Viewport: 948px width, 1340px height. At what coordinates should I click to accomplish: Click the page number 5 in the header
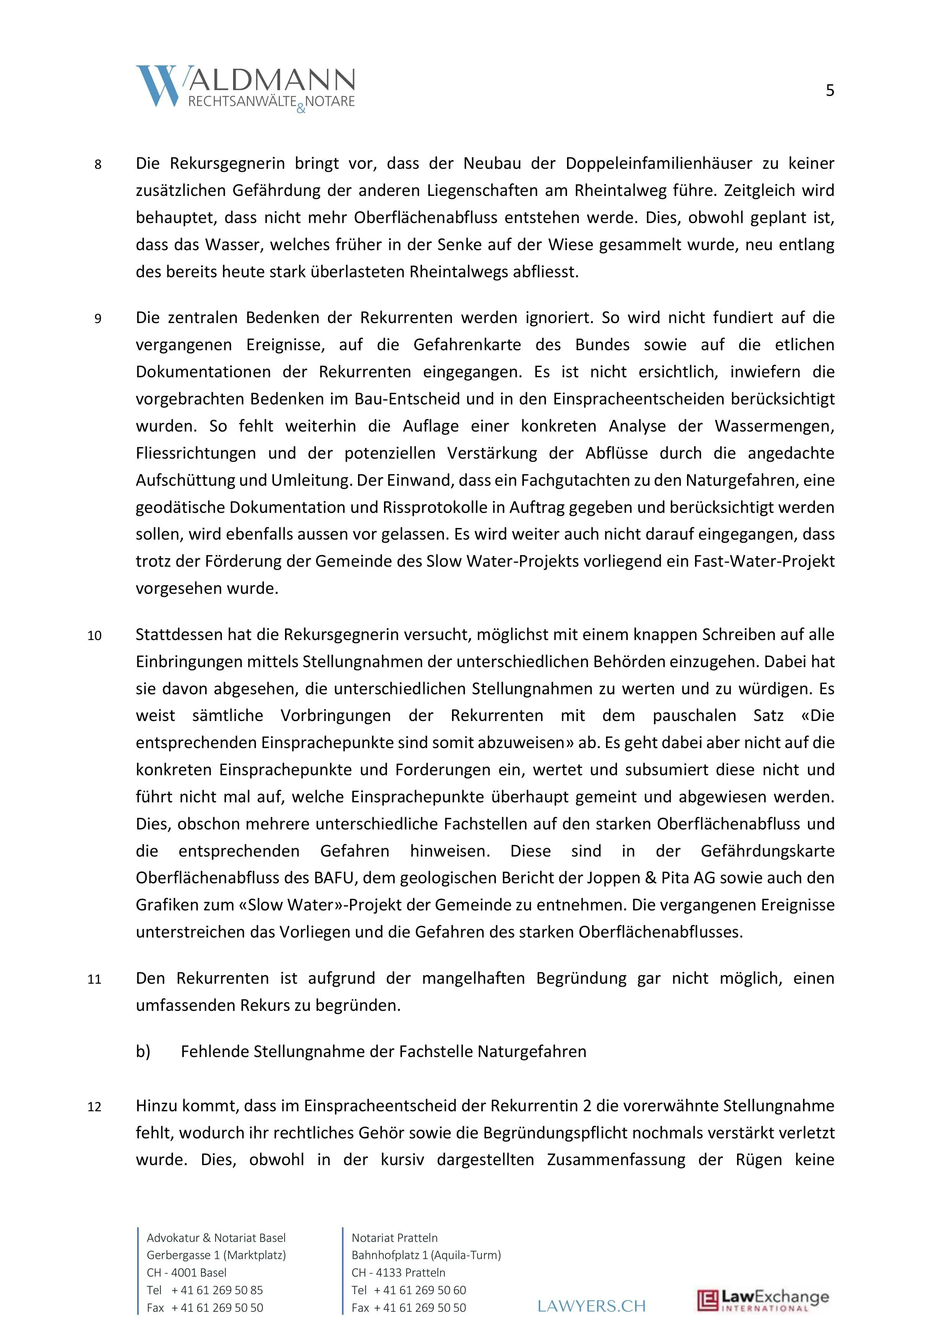[830, 91]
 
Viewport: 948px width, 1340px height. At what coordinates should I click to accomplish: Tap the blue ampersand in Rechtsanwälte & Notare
[301, 108]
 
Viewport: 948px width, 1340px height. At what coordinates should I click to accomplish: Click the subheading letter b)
[143, 1052]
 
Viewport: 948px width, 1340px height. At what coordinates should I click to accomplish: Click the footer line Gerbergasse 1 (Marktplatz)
[216, 1255]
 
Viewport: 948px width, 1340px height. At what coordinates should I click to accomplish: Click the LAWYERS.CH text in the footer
[592, 1306]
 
